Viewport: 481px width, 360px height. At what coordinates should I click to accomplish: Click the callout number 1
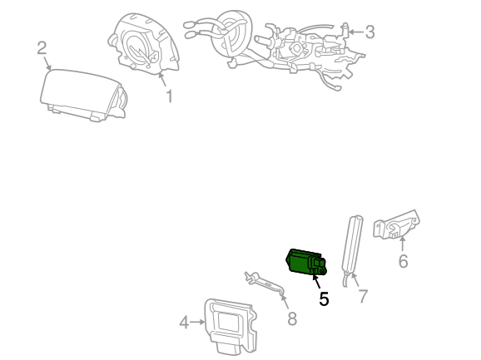coord(169,96)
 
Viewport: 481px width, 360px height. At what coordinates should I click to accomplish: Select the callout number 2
coord(42,48)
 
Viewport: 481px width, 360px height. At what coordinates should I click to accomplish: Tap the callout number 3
coord(370,32)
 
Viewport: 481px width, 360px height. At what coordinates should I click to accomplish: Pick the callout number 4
coord(184,323)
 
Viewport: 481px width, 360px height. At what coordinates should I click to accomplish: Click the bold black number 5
coord(324,298)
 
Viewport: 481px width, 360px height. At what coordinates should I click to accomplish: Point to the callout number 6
coord(403,261)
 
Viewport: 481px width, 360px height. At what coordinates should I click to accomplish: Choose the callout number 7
coord(363,296)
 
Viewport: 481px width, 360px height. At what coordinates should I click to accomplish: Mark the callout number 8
coord(292,318)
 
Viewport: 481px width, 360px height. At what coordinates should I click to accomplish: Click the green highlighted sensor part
coord(306,261)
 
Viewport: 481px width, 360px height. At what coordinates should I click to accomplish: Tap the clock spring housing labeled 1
coord(143,43)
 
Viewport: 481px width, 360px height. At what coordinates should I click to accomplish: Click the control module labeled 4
coord(230,326)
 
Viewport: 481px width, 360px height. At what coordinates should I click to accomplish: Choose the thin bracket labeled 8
coord(265,283)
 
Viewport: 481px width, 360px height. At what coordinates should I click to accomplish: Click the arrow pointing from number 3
coord(356,32)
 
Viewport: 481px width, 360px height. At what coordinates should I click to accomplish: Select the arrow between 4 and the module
coord(197,322)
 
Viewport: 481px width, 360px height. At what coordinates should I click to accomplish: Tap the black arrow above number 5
coord(316,282)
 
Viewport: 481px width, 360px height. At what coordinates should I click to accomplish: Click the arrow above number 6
coord(402,244)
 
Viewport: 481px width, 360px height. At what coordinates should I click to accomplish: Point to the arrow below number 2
coord(47,63)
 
